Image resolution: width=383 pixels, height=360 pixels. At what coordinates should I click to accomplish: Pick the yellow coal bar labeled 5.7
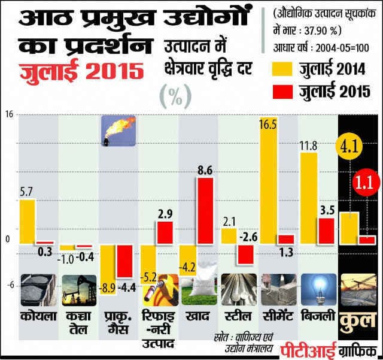(27, 222)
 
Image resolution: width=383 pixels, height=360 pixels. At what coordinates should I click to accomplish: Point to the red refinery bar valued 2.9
(165, 232)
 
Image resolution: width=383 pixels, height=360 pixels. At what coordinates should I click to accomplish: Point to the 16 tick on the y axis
(10, 115)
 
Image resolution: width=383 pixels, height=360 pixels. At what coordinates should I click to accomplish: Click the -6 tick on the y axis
(10, 285)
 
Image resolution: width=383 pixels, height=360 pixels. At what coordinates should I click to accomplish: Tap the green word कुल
(358, 320)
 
